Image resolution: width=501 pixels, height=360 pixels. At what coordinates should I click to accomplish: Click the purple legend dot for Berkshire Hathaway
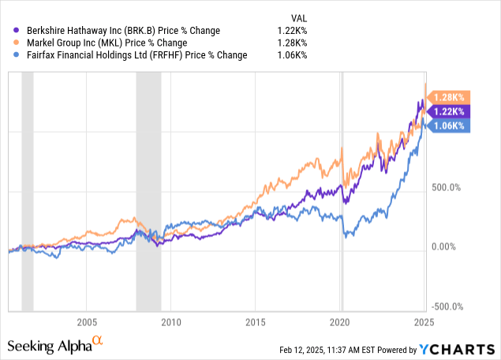9,28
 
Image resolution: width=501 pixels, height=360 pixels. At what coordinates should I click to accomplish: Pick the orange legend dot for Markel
9,42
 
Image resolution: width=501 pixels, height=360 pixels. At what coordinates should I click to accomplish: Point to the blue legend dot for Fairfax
9,55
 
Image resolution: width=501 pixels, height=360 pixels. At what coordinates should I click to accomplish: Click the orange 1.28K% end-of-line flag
450,96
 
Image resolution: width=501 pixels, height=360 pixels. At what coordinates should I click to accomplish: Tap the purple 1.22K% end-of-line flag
450,111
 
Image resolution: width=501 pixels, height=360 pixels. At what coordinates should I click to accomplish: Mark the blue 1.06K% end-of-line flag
450,126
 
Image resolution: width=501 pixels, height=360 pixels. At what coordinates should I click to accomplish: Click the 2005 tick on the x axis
87,322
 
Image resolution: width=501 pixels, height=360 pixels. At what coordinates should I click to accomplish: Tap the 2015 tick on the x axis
255,322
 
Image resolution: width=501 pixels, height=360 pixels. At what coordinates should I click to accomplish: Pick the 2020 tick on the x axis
339,322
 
